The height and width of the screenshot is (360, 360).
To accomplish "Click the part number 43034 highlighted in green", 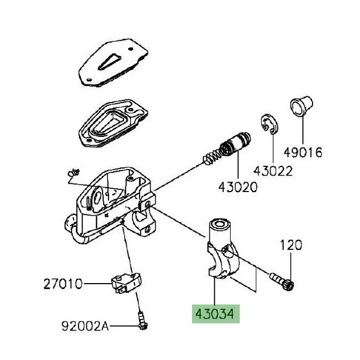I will tap(214, 315).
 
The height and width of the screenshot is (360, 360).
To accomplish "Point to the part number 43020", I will tap(238, 186).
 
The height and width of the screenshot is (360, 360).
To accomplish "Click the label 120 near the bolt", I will tap(291, 245).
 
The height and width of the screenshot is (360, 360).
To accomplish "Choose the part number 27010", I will tap(63, 284).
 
